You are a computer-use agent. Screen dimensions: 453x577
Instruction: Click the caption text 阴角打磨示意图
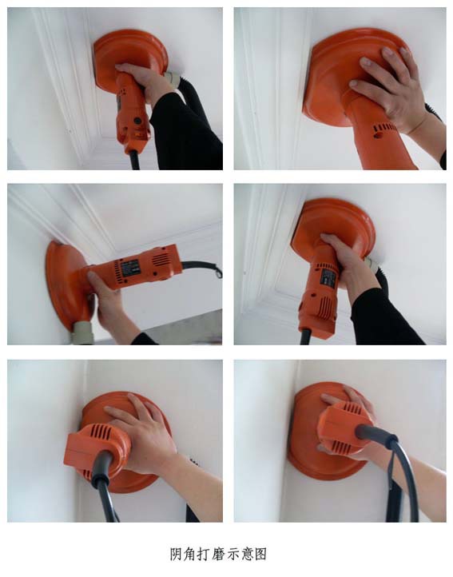[218, 554]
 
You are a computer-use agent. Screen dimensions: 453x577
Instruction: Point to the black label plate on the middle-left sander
[131, 268]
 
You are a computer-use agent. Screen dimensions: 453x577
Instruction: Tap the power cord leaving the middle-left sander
[202, 268]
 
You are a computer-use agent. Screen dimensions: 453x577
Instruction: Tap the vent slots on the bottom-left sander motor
[99, 432]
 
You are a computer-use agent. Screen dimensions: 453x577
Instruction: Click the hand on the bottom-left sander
[147, 434]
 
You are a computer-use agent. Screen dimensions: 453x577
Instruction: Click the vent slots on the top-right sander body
[385, 129]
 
